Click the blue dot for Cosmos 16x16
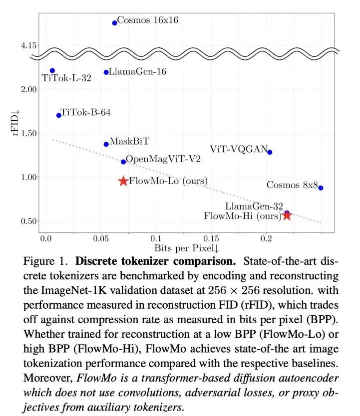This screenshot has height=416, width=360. (x=114, y=22)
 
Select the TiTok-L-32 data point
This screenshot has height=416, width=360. (x=52, y=70)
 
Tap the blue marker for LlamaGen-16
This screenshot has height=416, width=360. (x=106, y=72)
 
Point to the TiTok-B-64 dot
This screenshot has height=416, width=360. (x=59, y=115)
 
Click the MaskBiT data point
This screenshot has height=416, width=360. (x=106, y=144)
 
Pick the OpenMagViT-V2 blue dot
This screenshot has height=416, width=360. (x=123, y=162)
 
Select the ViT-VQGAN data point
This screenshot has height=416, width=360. (x=270, y=152)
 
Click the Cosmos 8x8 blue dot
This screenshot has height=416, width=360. (x=321, y=188)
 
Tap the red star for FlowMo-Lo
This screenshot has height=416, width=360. (x=123, y=181)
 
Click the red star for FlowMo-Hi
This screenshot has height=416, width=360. (x=287, y=215)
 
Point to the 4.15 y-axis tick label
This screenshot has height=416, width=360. (x=30, y=45)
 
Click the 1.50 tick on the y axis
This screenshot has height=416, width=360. (x=30, y=133)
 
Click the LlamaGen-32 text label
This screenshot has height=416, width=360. (x=254, y=206)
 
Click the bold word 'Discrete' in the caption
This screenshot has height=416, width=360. (x=100, y=261)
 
